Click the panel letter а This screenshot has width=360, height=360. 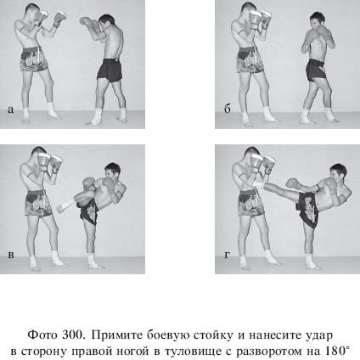point(10,110)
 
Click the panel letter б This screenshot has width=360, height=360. point(228,109)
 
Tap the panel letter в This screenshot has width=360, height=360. point(11,255)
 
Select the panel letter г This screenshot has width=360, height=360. point(227,255)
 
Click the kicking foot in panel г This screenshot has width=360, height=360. point(259,184)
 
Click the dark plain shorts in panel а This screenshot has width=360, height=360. point(110,70)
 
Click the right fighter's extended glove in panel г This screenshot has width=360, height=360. point(292,183)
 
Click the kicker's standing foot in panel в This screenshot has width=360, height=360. point(94,265)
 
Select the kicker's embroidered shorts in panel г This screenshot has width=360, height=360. point(308,205)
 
